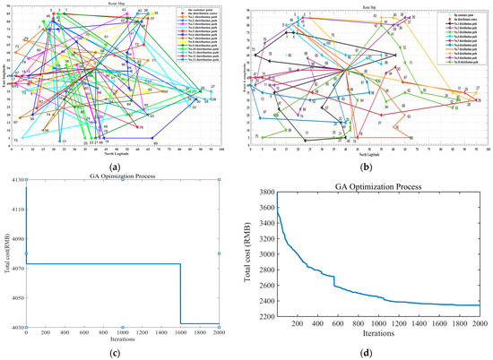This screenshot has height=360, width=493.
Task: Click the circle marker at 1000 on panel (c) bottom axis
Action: [x=123, y=327]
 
